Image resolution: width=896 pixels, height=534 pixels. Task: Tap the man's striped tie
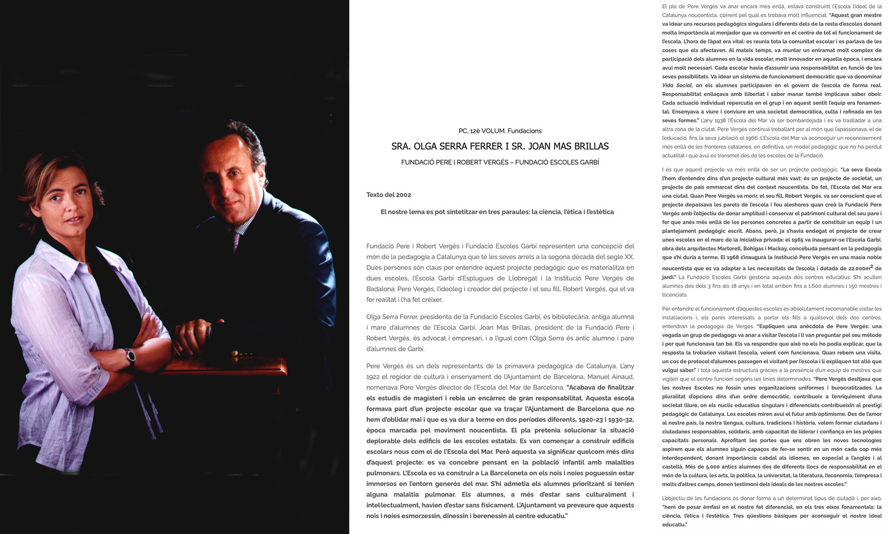236,240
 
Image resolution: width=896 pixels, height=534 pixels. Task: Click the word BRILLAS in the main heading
589,146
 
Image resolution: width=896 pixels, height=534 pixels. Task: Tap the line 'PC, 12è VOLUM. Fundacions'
500,131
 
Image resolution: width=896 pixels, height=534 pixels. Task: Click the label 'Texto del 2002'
388,195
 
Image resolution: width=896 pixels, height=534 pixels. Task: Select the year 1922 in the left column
373,377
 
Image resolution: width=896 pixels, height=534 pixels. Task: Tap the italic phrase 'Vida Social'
677,86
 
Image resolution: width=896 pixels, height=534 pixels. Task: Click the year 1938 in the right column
720,121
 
